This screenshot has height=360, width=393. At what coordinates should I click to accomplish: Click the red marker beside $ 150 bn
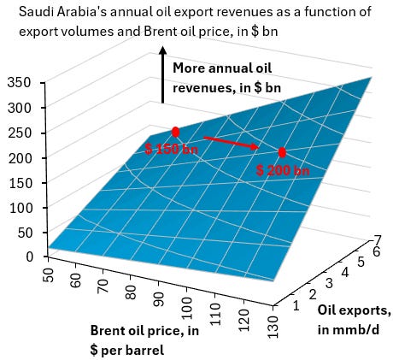click(x=175, y=132)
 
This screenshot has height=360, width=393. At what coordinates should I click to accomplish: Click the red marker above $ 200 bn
click(x=282, y=152)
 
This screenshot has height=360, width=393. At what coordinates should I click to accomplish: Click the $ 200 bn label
click(x=284, y=170)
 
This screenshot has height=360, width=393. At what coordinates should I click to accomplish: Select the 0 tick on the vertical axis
click(x=30, y=256)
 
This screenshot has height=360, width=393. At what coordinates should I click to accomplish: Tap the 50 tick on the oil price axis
click(x=48, y=276)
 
